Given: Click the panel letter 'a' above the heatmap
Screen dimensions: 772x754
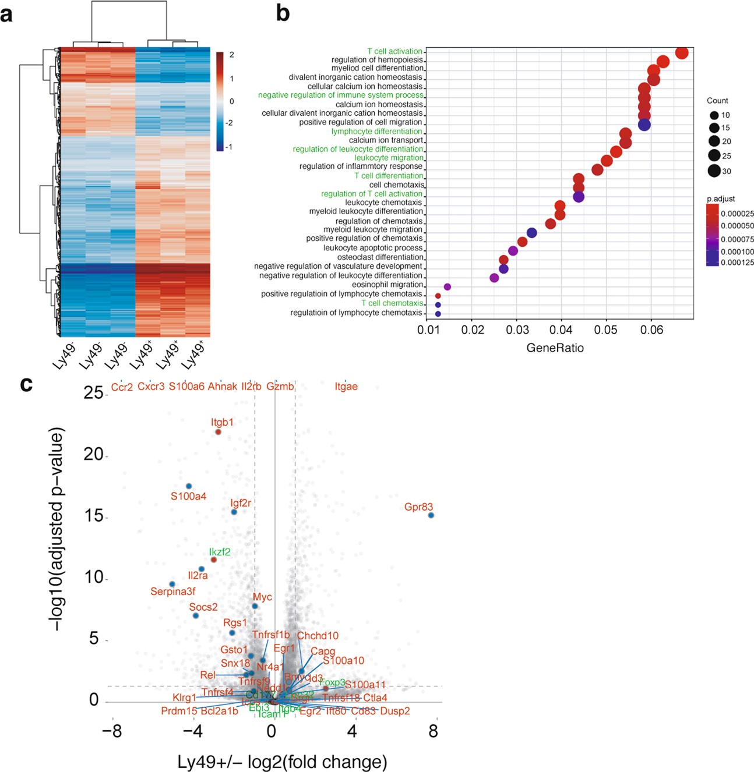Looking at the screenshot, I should click(x=6, y=14).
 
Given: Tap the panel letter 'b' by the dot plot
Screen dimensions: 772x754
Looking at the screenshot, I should click(x=283, y=13).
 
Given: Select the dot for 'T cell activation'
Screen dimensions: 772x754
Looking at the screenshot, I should click(x=682, y=53).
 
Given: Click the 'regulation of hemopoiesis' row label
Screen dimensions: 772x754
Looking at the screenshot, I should click(x=377, y=60).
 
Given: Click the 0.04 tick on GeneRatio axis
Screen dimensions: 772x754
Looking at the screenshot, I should click(x=561, y=331).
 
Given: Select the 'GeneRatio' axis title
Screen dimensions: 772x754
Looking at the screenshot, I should click(x=555, y=348).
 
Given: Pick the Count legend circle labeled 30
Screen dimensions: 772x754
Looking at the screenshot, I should click(x=714, y=171).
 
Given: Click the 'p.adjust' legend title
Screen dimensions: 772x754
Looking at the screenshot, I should click(x=721, y=199).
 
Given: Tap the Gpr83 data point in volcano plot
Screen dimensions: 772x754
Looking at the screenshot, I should click(x=431, y=515).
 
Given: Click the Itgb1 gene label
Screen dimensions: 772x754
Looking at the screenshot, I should click(x=222, y=422).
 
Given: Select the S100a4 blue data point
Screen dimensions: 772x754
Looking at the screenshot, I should click(x=189, y=486).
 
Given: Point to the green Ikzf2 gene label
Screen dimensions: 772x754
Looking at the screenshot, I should click(x=220, y=552).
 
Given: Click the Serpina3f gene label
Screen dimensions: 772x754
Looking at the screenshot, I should click(x=173, y=592).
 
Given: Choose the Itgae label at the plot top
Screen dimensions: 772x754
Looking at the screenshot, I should click(x=346, y=387).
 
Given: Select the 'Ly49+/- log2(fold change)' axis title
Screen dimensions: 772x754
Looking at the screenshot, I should click(x=282, y=762).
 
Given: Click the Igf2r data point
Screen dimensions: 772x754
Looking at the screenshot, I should click(x=234, y=512).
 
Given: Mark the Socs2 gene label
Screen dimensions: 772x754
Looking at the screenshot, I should click(x=203, y=607).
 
